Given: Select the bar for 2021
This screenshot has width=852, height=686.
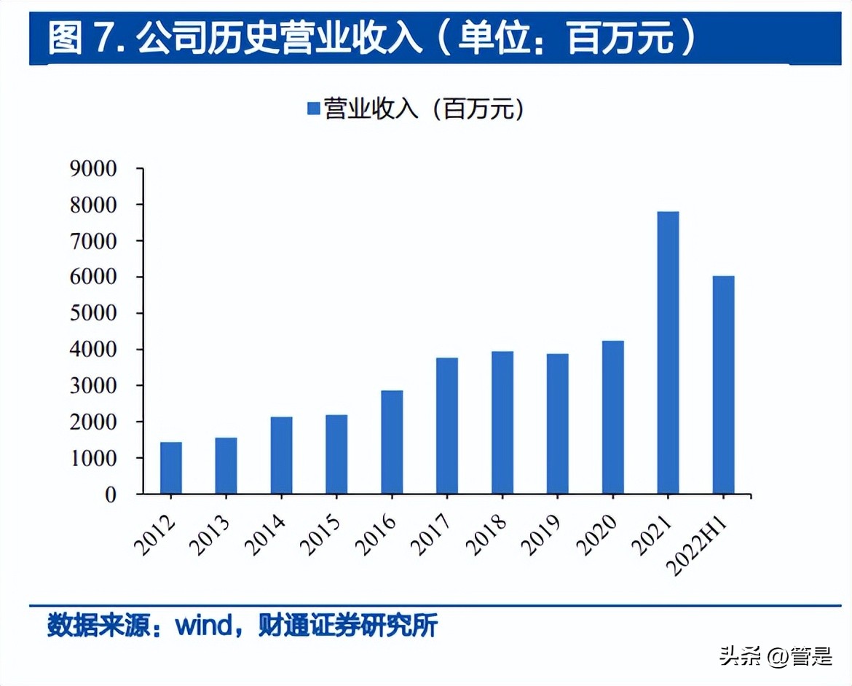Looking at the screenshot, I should point(668,352).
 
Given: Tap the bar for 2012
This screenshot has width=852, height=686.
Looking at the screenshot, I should point(171,468).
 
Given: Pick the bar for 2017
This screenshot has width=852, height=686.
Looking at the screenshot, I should point(447,425).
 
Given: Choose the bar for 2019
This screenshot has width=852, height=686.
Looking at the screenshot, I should point(558,424).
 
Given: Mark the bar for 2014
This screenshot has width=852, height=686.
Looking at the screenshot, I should point(281,455).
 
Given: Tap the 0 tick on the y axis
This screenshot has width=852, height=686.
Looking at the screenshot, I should point(110,494).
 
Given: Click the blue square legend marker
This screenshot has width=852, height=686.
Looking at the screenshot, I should point(314,109).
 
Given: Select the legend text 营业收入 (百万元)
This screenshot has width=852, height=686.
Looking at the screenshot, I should point(424,109).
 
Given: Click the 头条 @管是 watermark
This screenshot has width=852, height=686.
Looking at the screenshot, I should point(776,657).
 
